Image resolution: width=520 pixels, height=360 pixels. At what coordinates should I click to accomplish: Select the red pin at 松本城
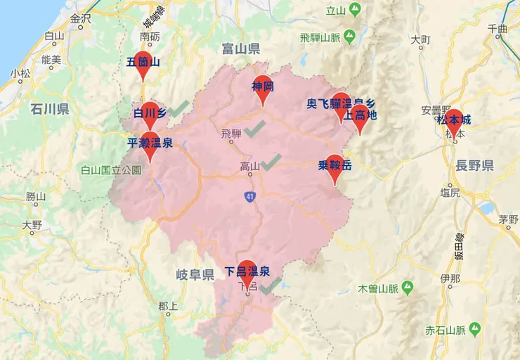453,121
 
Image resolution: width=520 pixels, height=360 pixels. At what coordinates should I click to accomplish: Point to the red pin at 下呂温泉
247,271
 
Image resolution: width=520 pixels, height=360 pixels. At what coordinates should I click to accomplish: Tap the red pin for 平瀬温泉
150,143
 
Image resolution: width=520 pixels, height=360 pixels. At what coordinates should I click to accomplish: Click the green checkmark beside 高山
271,162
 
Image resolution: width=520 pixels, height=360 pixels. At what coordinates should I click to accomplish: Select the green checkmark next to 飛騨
254,128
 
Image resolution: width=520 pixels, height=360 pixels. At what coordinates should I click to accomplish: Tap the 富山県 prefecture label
240,49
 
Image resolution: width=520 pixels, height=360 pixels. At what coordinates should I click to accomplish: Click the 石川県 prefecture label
49,109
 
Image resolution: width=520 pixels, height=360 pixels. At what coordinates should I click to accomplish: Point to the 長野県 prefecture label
474,166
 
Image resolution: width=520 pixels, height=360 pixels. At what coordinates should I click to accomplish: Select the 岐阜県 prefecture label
194,274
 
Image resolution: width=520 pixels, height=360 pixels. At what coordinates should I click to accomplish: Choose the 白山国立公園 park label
111,169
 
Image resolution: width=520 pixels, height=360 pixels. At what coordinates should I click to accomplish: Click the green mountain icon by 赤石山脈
475,328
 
